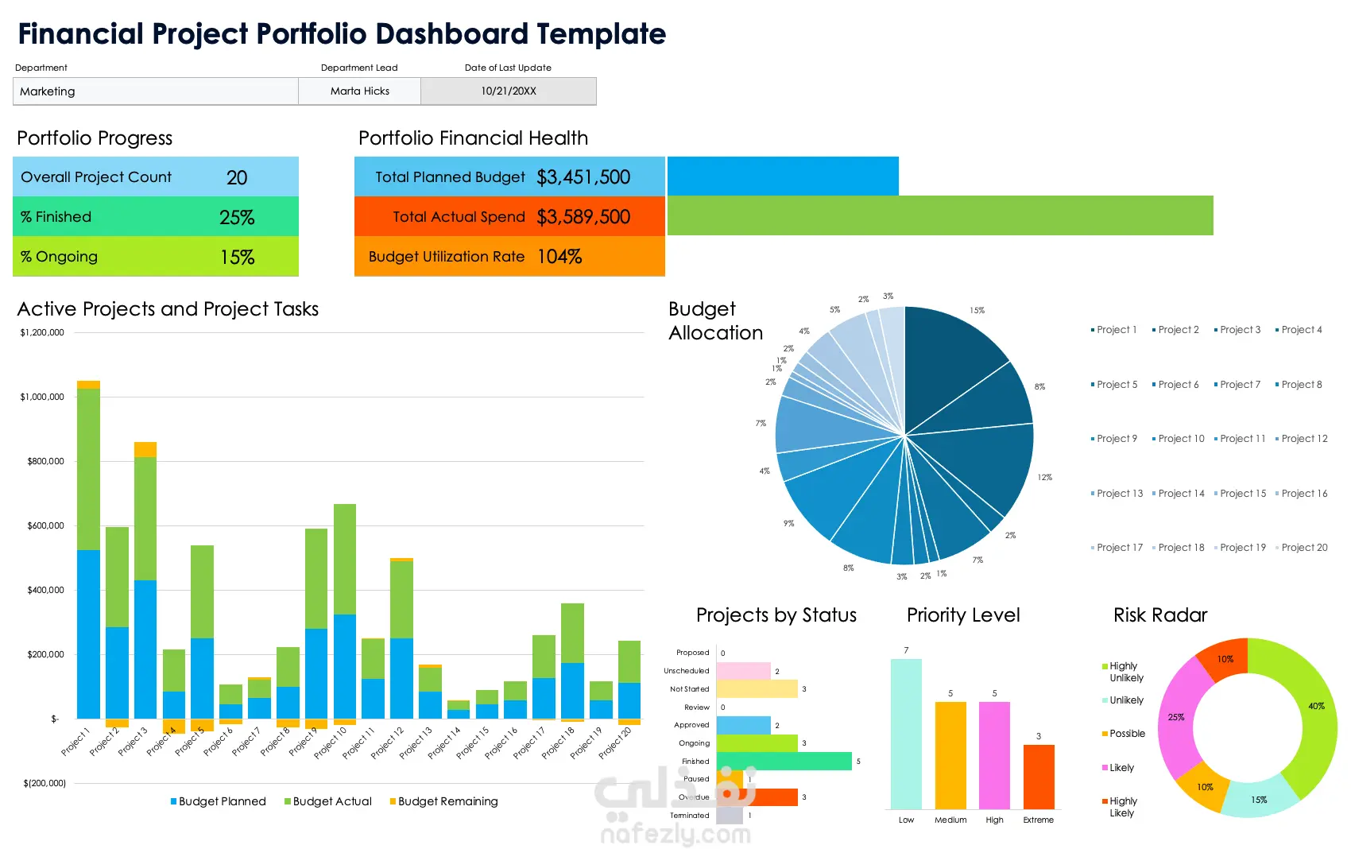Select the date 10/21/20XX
pos(509,91)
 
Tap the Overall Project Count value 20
pos(237,177)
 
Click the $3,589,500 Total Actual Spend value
pos(583,217)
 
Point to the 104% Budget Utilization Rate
pos(559,257)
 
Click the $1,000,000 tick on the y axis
pos(42,397)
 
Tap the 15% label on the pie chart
pos(977,311)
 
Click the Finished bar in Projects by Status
pos(784,762)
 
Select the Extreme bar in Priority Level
pos(1039,777)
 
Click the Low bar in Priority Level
pos(906,734)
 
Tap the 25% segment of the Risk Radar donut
pos(1176,717)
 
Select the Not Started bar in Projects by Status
pos(757,689)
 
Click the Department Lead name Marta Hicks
pos(360,91)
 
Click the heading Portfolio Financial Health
pos(473,138)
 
